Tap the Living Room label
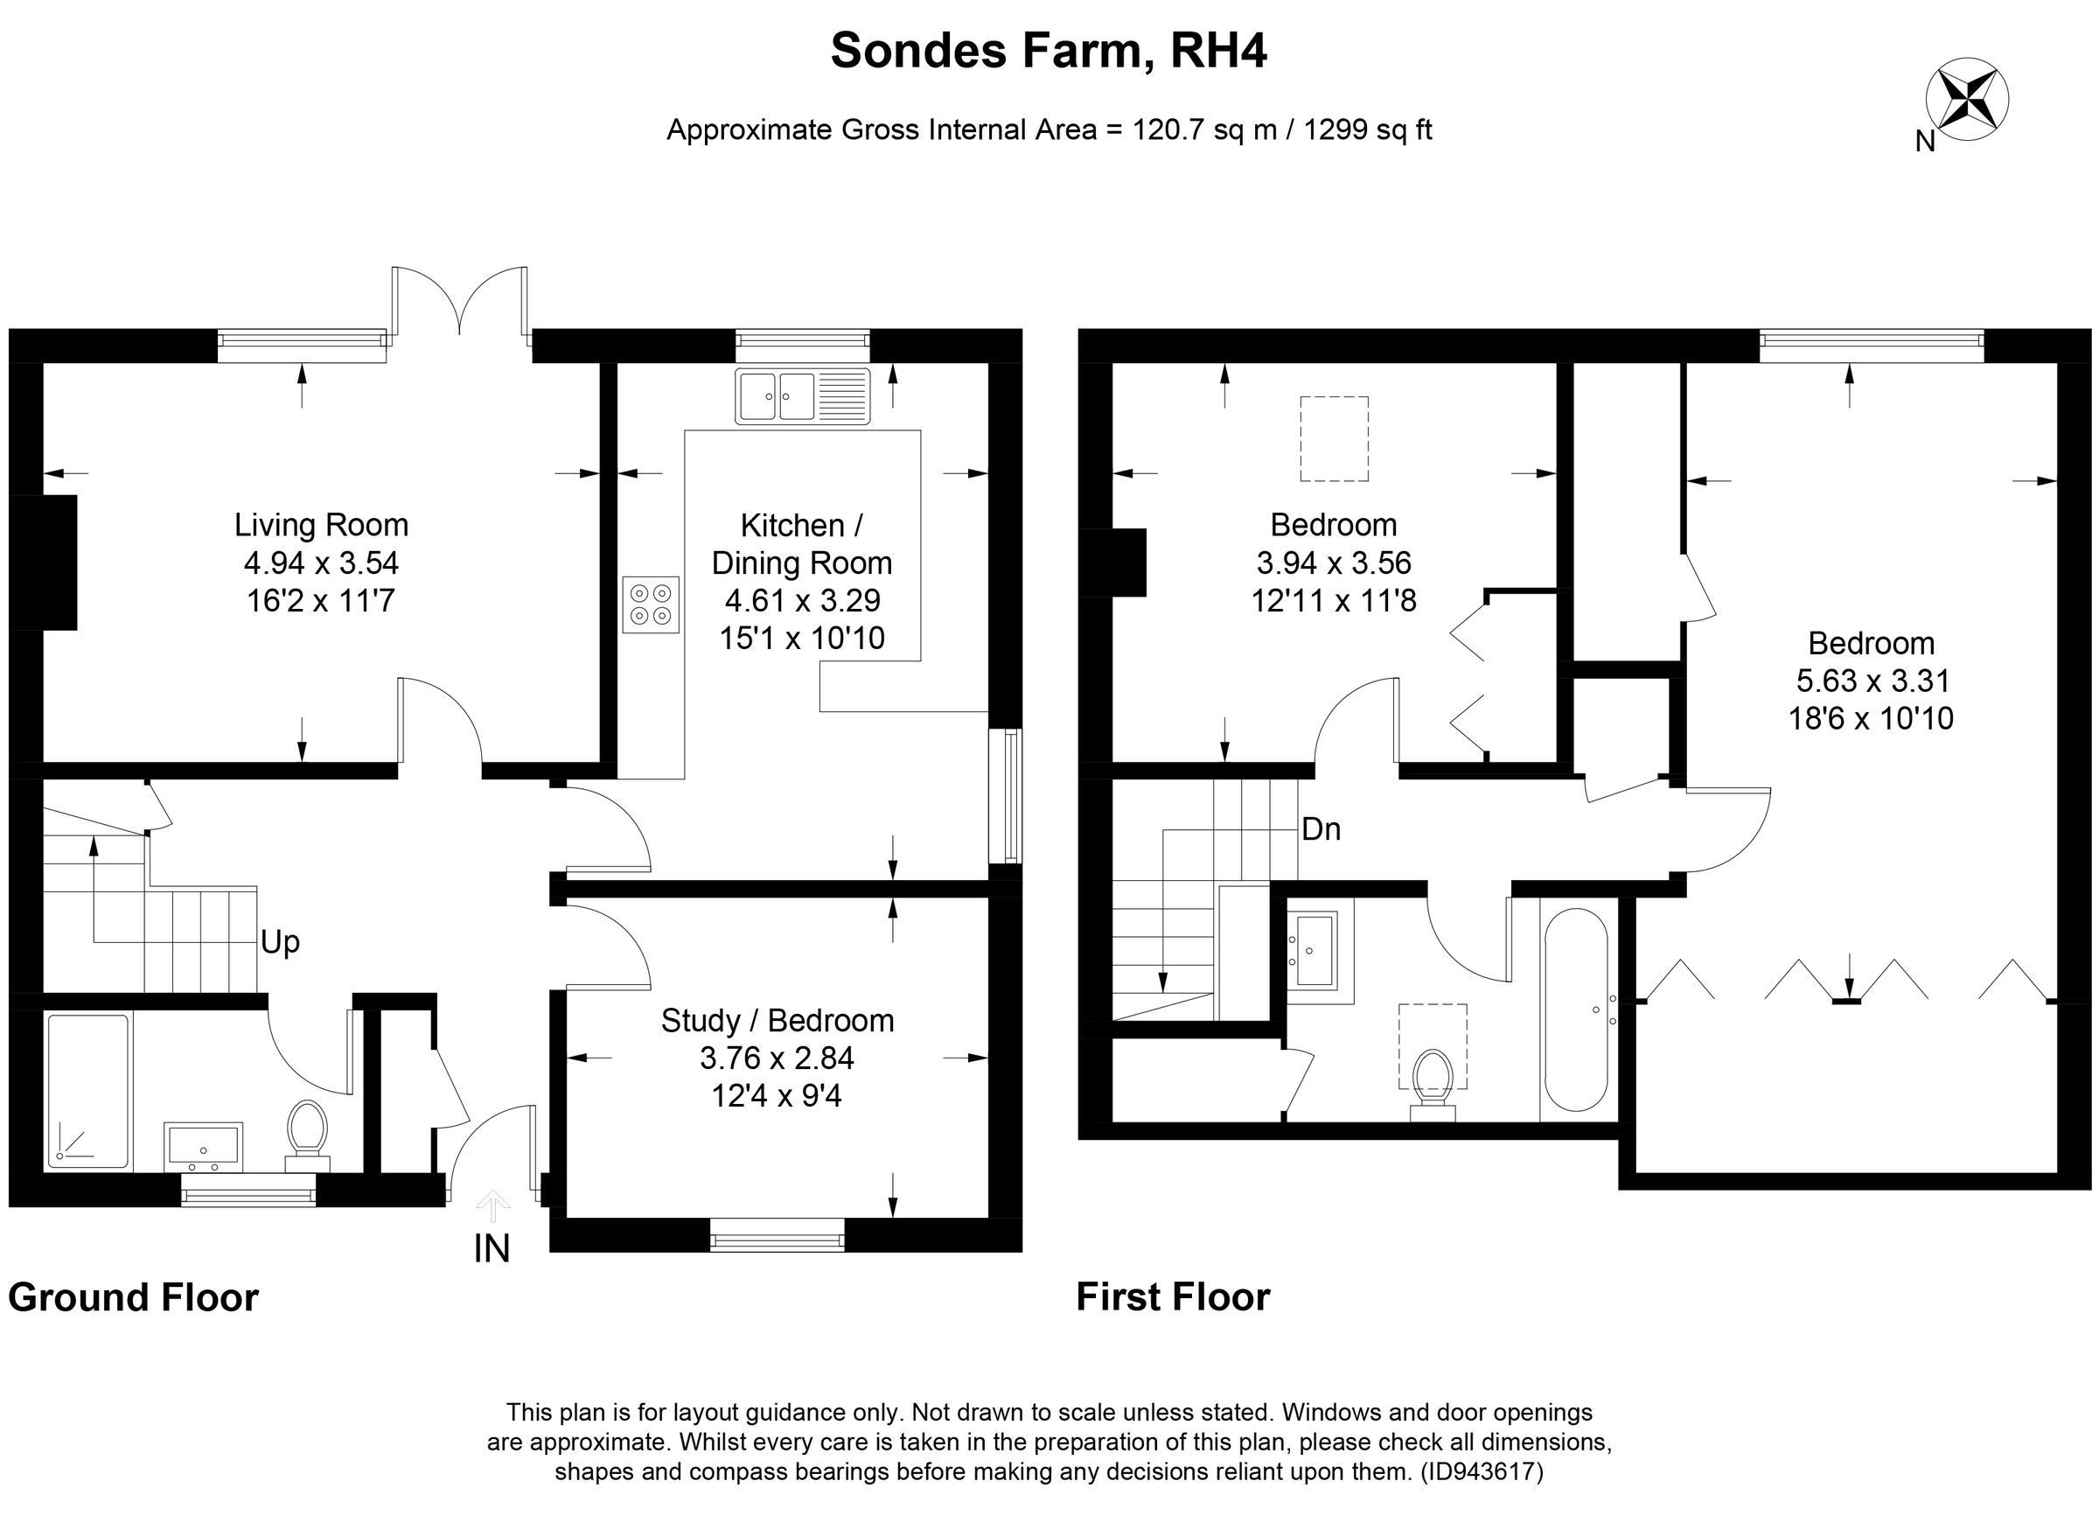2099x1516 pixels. [x=321, y=525]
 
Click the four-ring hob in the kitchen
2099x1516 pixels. [x=650, y=604]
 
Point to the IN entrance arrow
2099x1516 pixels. [x=492, y=1206]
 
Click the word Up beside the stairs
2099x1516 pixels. [x=280, y=942]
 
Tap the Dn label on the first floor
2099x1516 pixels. [x=1321, y=828]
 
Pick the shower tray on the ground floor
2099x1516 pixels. [x=88, y=1090]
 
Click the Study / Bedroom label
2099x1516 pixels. [x=778, y=1020]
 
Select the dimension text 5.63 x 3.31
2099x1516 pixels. [x=1872, y=681]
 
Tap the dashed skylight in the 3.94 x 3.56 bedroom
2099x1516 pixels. [x=1334, y=438]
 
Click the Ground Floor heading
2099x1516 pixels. [x=133, y=1297]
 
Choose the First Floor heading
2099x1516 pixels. [x=1173, y=1296]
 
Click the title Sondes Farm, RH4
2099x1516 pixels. [x=1049, y=50]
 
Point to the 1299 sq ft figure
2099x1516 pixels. [x=1367, y=129]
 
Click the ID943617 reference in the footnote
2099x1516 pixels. [x=1482, y=1471]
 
